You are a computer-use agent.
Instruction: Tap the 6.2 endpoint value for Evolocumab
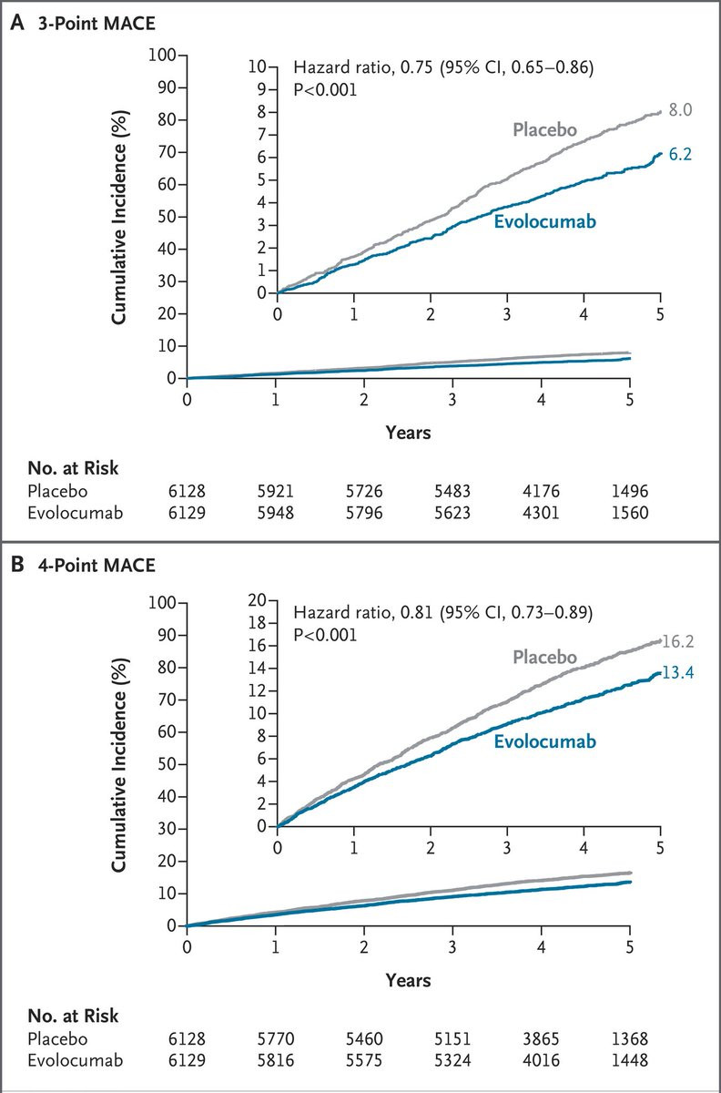point(680,155)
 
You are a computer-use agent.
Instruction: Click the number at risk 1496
point(629,491)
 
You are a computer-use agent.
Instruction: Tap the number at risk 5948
point(276,513)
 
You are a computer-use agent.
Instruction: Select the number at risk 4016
point(541,1060)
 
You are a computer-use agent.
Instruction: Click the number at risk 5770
point(276,1038)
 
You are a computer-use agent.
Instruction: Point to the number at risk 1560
point(629,513)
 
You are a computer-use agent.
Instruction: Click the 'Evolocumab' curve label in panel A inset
point(544,220)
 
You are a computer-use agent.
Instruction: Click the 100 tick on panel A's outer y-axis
point(164,55)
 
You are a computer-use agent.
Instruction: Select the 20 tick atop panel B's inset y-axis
point(259,600)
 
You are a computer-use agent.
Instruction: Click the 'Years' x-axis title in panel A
point(408,434)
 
